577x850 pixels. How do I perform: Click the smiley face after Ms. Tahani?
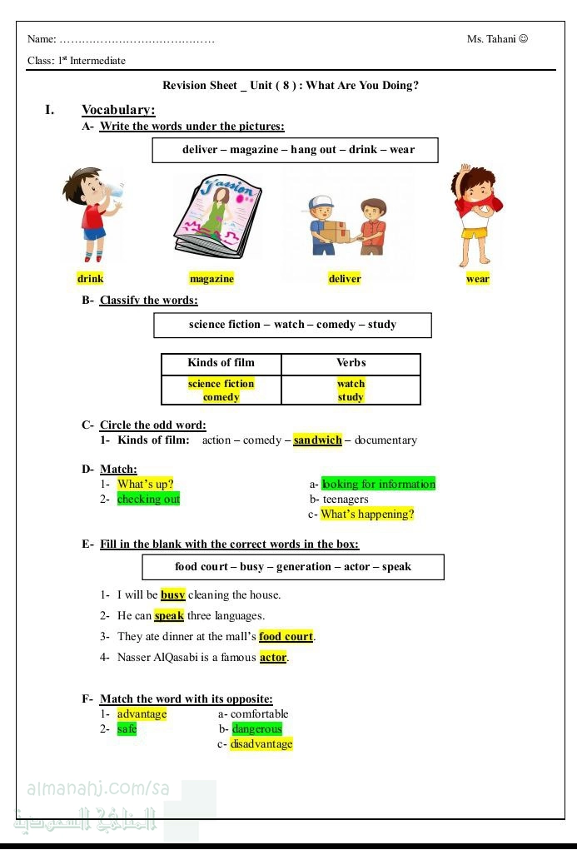[x=523, y=38]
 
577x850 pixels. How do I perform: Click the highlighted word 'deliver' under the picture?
[x=345, y=279]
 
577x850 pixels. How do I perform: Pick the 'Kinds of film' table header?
[x=221, y=363]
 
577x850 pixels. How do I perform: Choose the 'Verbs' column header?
[x=351, y=363]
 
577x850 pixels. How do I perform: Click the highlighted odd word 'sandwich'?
[x=317, y=440]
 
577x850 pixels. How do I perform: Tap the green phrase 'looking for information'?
[x=379, y=484]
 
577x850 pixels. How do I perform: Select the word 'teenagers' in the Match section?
[x=346, y=500]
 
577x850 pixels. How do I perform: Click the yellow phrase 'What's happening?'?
[x=367, y=514]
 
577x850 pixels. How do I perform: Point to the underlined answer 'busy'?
[x=173, y=595]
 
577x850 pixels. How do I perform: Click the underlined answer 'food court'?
[x=286, y=637]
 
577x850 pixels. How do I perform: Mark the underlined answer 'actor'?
[x=273, y=658]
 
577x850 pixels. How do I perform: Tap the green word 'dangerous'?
[x=257, y=729]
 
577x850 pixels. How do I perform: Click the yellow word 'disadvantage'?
[x=261, y=744]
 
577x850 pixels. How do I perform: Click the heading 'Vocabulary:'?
[x=118, y=110]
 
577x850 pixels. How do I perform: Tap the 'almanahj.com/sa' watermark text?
[x=98, y=788]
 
